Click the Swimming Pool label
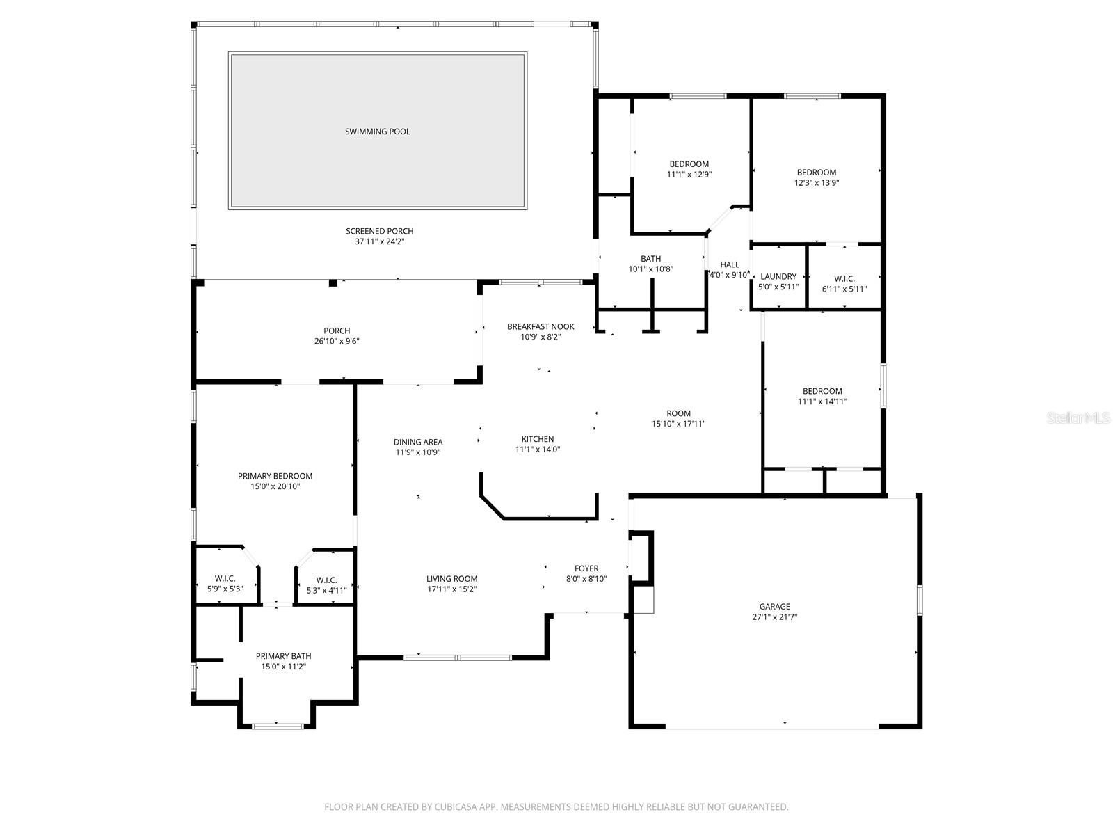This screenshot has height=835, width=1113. tap(378, 132)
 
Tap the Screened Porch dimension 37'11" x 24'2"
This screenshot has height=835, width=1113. tap(379, 242)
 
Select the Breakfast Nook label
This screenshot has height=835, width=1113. tap(541, 326)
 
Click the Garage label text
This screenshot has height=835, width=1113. tap(774, 607)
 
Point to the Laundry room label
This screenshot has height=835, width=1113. tap(778, 277)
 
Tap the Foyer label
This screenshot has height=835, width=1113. tap(586, 568)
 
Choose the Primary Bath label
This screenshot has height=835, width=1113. tap(283, 656)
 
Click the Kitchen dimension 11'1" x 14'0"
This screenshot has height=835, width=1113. tap(538, 450)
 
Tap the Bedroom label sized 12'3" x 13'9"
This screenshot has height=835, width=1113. tap(817, 173)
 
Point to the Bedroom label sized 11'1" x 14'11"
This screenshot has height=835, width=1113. tap(822, 391)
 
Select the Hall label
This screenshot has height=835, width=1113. tap(730, 264)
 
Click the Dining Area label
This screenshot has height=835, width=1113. tap(418, 442)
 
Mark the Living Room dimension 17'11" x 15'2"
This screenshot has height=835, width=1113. tap(451, 589)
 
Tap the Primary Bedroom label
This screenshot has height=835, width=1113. tap(275, 476)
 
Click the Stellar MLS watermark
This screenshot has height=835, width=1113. tap(1079, 417)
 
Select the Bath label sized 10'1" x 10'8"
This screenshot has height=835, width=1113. tap(651, 259)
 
